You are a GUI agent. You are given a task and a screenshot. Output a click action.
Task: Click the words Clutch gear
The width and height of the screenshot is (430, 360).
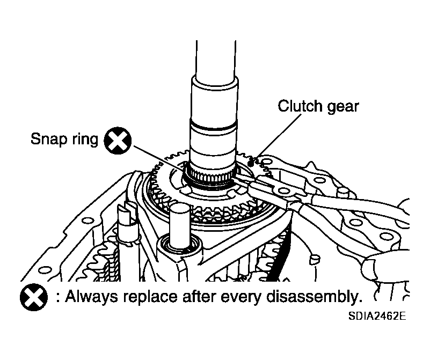[x=318, y=106]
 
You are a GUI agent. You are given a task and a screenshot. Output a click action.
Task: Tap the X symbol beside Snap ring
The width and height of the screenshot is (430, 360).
[x=117, y=141]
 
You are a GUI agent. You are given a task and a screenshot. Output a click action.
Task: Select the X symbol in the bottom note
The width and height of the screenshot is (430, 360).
[x=32, y=296]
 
